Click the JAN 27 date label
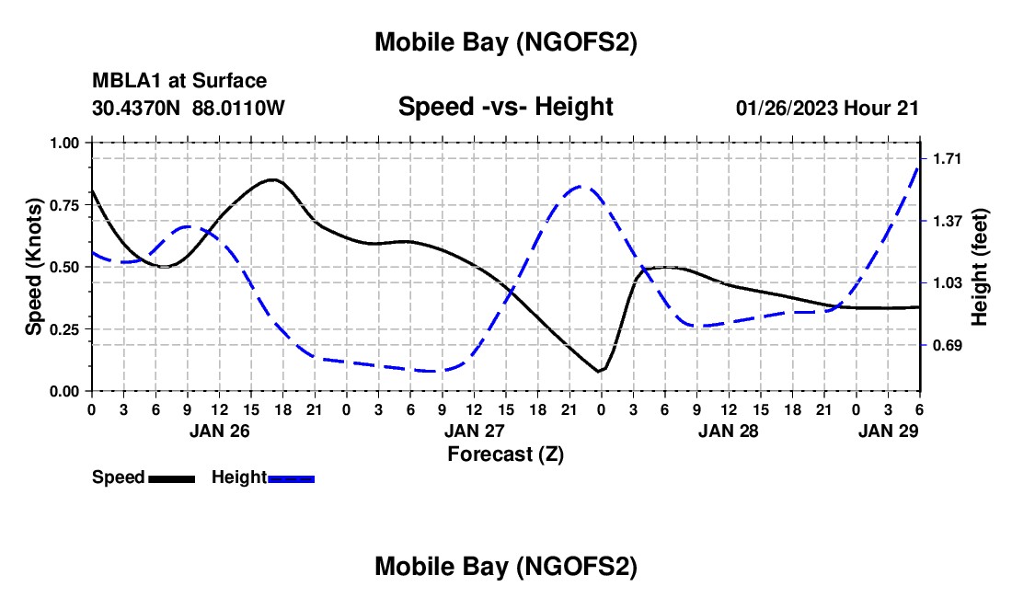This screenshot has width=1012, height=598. click(475, 431)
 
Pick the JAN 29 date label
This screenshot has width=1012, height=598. click(888, 431)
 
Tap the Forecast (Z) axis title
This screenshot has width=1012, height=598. click(505, 454)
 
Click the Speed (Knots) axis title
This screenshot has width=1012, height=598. click(34, 267)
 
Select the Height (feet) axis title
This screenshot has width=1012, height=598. click(980, 267)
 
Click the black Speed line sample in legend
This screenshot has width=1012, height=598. click(170, 477)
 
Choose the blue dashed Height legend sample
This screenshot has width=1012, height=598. click(291, 477)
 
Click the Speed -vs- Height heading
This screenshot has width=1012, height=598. click(505, 107)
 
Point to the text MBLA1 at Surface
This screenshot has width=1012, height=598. click(179, 81)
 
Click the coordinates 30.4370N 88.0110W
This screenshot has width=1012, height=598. click(189, 108)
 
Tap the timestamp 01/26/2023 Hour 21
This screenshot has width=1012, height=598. click(827, 108)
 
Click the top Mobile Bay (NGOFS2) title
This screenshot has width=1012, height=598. click(505, 42)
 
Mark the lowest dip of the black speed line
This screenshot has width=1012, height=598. click(599, 372)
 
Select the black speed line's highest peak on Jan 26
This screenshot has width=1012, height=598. click(272, 179)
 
